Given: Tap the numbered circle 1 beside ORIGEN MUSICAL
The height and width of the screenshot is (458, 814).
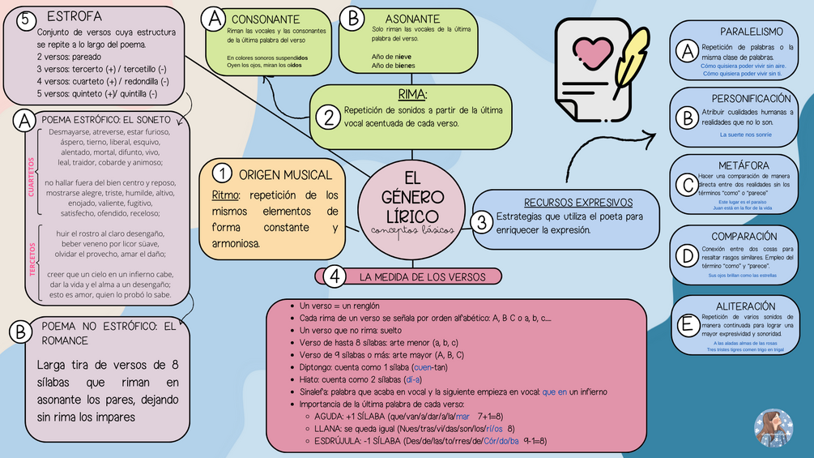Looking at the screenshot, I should [x=221, y=174].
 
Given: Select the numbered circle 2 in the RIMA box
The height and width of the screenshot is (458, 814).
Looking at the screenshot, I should [x=328, y=118].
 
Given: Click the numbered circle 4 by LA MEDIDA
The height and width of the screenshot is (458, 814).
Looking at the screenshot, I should [x=335, y=276].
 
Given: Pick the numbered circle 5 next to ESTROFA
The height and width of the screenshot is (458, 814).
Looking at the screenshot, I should [x=26, y=18].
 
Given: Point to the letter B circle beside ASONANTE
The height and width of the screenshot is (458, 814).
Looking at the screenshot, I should [x=352, y=18].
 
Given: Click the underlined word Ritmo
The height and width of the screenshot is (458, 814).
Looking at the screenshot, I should [x=224, y=195].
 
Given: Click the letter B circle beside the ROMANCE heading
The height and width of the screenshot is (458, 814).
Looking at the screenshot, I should [x=20, y=332].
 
